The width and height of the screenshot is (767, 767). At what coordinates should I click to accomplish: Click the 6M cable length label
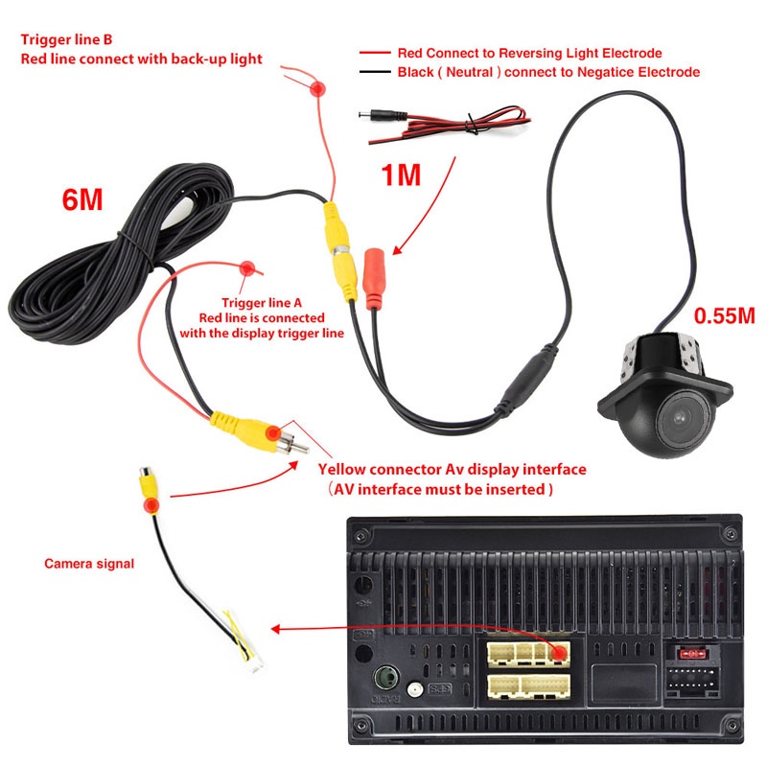(x=82, y=199)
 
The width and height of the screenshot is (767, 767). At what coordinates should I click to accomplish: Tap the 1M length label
(x=401, y=174)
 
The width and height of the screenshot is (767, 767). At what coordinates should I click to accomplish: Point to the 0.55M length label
(x=725, y=315)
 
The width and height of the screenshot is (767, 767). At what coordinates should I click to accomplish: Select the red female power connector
(x=373, y=279)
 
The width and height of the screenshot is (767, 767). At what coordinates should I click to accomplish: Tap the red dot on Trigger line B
(x=318, y=88)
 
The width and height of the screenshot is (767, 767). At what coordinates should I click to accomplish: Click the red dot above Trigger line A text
(x=247, y=268)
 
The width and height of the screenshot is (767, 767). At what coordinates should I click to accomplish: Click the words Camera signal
(x=89, y=564)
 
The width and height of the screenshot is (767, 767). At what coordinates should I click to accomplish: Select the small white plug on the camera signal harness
(x=255, y=663)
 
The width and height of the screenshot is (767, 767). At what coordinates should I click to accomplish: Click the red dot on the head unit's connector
(x=559, y=652)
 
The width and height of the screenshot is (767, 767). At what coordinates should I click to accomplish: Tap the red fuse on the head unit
(x=691, y=654)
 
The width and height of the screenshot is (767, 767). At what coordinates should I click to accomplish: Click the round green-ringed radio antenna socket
(x=386, y=678)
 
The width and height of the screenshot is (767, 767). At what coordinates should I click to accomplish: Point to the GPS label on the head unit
(x=439, y=689)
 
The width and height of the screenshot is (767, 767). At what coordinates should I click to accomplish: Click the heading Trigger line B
(x=66, y=39)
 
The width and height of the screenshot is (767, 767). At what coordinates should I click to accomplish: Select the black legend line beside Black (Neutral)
(x=375, y=72)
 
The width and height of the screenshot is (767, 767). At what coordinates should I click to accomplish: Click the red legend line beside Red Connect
(x=375, y=53)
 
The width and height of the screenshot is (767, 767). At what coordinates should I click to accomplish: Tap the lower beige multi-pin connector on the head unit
(x=529, y=686)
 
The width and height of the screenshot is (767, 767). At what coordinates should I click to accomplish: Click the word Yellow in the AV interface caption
(x=342, y=470)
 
